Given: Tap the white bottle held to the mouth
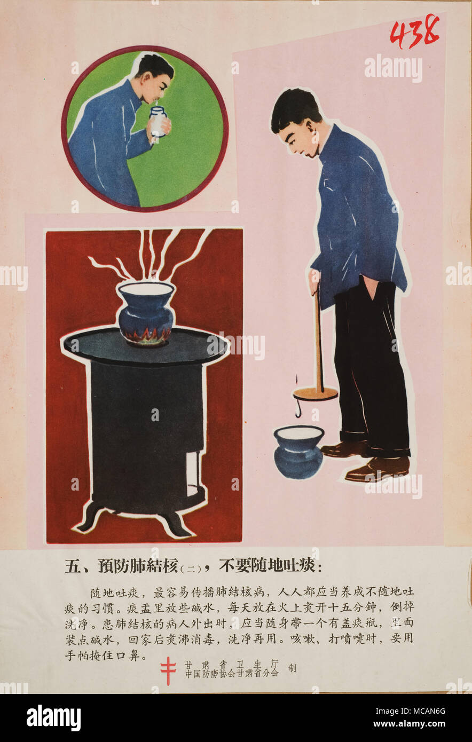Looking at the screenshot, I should (x=158, y=121).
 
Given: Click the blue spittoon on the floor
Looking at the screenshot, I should (x=298, y=451).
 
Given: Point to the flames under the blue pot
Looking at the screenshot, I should (x=146, y=336).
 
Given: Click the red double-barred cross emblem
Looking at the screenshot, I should (x=168, y=670).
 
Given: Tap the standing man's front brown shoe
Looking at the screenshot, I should (x=377, y=469).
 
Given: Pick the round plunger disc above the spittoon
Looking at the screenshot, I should (x=316, y=394).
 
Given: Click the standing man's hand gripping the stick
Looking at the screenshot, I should (x=314, y=280).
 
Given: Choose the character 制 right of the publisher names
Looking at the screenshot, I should (x=292, y=668).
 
